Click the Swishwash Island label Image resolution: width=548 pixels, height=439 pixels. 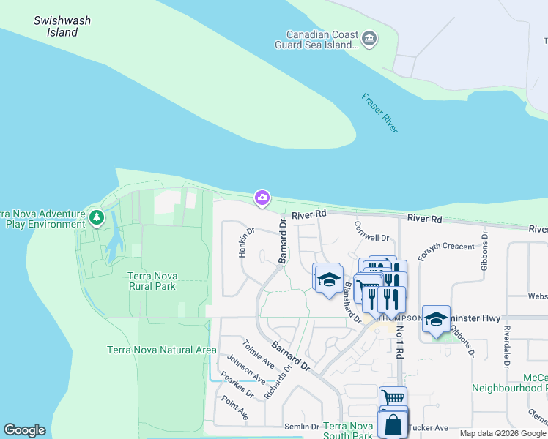point(62,26)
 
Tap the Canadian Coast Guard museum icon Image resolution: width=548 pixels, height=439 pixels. point(369,37)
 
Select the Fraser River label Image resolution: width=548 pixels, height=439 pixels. point(379,113)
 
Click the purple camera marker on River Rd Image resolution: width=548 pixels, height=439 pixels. point(262,198)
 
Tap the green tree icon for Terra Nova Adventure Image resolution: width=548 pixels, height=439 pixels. point(96,217)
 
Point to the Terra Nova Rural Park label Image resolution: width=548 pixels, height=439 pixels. point(152,281)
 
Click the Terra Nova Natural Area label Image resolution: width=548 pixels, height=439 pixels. point(161,350)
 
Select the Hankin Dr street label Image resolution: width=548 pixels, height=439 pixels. point(245,242)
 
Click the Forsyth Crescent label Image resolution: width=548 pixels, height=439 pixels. point(446,247)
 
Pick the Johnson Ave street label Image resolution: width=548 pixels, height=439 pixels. point(245,369)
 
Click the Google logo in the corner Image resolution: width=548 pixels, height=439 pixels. point(24,430)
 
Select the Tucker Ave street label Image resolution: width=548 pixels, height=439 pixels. point(432,427)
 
